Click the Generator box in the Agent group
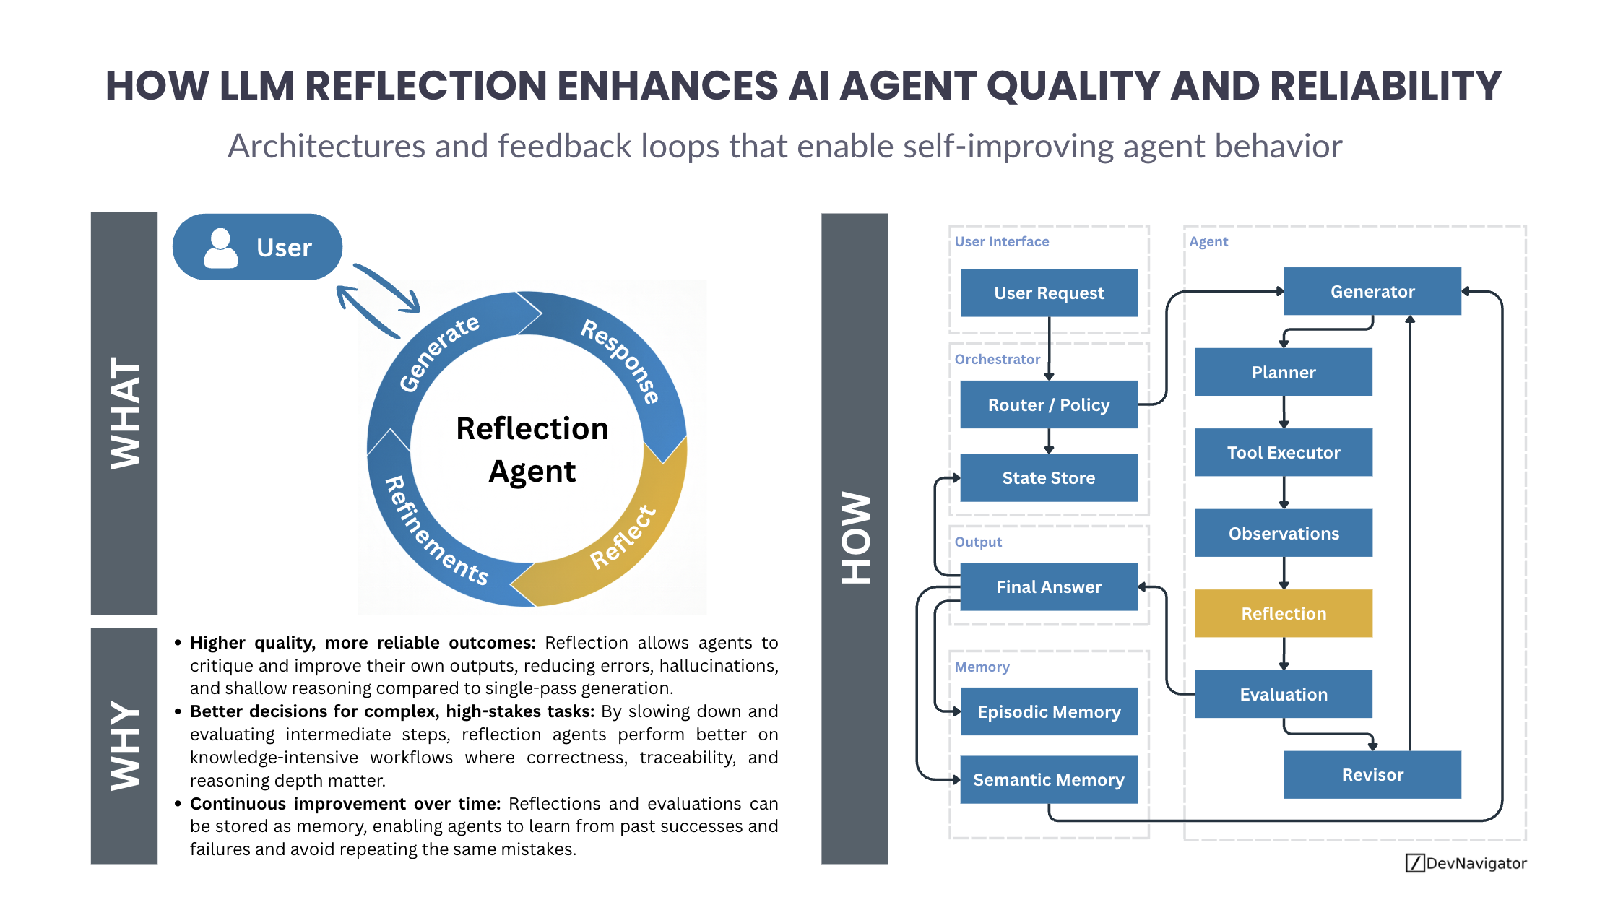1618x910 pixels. coord(1372,292)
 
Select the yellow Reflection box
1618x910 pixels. coord(1284,613)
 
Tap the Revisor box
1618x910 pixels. coord(1372,774)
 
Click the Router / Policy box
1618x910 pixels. coord(1048,404)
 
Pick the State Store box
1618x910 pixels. coord(1048,477)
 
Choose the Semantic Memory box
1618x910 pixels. coord(1048,779)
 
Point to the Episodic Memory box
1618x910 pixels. coord(1048,711)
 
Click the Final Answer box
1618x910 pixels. coord(1048,586)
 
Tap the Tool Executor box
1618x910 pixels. coord(1284,453)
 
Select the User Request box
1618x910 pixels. coord(1048,292)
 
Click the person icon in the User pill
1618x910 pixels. coord(220,248)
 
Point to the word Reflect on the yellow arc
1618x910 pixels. coord(623,537)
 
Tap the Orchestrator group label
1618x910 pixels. coord(997,359)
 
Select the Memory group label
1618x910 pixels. coord(982,667)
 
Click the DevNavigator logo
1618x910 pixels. coord(1466,863)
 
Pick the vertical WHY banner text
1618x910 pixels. coord(124,745)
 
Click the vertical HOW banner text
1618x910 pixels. coord(855,538)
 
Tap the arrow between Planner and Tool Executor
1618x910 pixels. coord(1284,412)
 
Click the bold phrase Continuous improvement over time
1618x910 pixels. coord(345,803)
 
